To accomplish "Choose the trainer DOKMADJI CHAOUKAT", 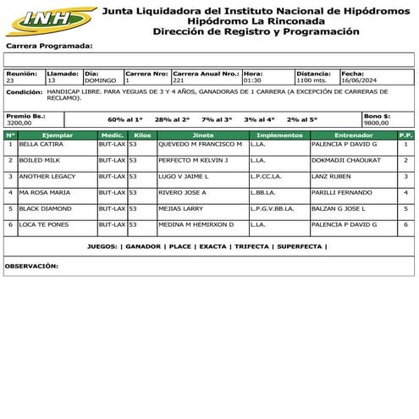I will click(346, 160).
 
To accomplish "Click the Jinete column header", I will click(203, 135).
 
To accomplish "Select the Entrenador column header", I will click(353, 135).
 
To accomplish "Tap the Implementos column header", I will click(278, 135).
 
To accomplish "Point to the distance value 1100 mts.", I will click(311, 80).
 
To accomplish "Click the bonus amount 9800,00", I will click(377, 123).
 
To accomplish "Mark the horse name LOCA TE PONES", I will click(41, 224).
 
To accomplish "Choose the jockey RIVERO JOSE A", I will click(183, 192).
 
